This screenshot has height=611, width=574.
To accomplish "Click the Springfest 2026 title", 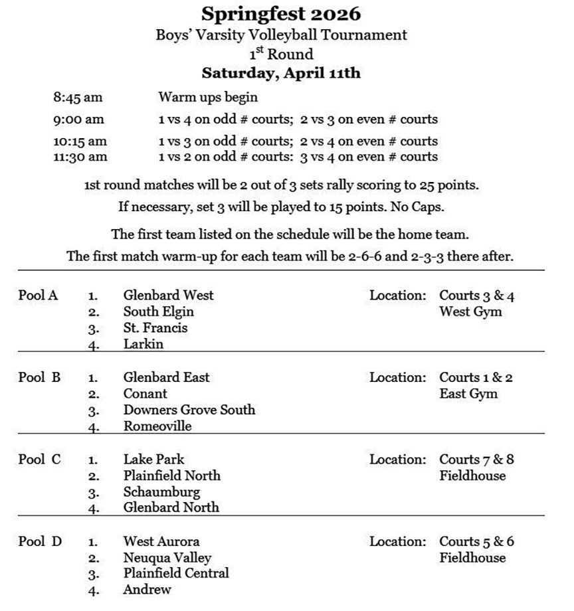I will click(281, 14).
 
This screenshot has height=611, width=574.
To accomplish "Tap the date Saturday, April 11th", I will click(281, 73).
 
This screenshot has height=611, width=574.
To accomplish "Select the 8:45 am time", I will click(78, 98).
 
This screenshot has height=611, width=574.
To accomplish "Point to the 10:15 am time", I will click(80, 141).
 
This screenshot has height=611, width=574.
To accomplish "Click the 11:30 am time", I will click(80, 157).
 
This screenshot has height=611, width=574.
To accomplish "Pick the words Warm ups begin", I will click(207, 98).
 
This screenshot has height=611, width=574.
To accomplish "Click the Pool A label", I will click(38, 296).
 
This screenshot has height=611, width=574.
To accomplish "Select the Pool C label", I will click(40, 460).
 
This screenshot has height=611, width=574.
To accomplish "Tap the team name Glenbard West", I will click(169, 295).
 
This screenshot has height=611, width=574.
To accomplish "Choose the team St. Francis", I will click(155, 328).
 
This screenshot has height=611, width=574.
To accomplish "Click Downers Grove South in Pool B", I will click(189, 410).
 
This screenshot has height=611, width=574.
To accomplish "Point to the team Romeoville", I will click(157, 426).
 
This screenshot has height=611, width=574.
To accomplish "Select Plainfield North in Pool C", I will click(172, 476).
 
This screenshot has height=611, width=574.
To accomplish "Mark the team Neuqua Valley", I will click(167, 558).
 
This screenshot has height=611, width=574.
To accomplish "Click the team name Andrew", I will click(147, 589).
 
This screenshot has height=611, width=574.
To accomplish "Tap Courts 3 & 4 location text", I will click(476, 296).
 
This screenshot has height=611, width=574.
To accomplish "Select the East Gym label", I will click(468, 394).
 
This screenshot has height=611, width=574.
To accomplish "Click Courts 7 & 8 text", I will click(476, 460).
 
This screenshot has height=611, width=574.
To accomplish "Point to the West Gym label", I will click(470, 311).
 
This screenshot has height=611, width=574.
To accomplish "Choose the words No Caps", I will click(413, 207).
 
